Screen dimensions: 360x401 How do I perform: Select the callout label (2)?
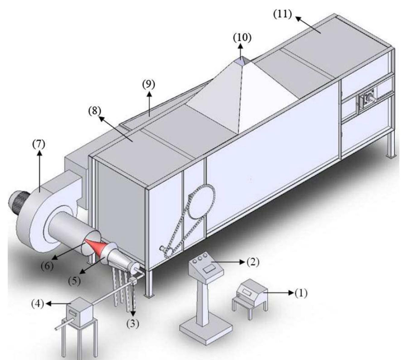pyautogui.click(x=253, y=262)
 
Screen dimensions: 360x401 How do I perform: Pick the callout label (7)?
pyautogui.click(x=39, y=145)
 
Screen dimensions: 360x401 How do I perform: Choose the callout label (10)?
pyautogui.click(x=242, y=37)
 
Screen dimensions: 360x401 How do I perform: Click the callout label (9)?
pyautogui.click(x=149, y=85)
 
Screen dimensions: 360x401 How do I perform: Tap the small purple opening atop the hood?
pyautogui.click(x=241, y=62)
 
